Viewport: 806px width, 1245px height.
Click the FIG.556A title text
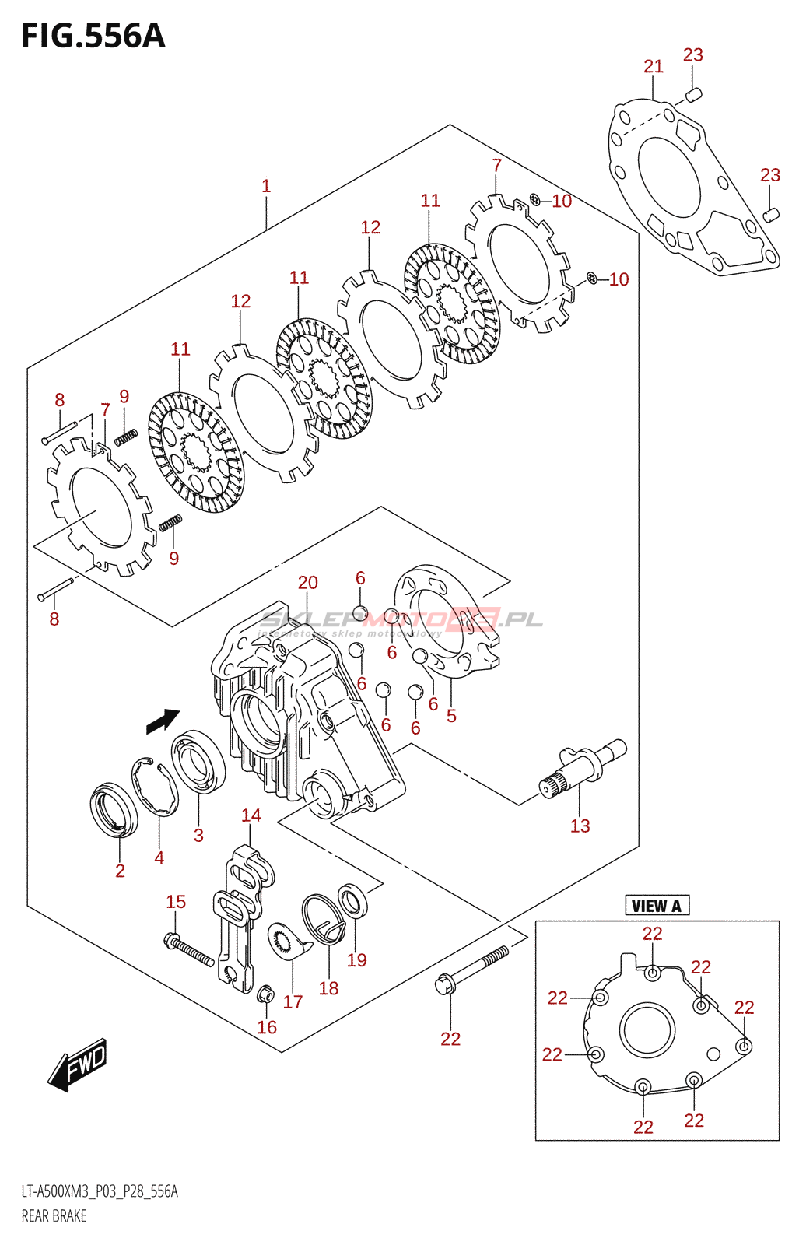pyautogui.click(x=93, y=36)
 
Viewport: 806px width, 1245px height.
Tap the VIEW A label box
pyautogui.click(x=656, y=905)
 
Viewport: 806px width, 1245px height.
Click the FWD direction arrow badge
pyautogui.click(x=79, y=1064)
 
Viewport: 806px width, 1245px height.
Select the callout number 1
pyautogui.click(x=266, y=186)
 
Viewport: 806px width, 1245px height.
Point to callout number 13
pyautogui.click(x=580, y=826)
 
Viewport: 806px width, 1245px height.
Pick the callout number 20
pyautogui.click(x=307, y=582)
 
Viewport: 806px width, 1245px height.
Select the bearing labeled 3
pyautogui.click(x=198, y=763)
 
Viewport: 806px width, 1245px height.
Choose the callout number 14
pyautogui.click(x=251, y=815)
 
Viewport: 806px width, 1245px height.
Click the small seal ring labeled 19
pyautogui.click(x=352, y=901)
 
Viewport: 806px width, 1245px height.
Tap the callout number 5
pyautogui.click(x=451, y=715)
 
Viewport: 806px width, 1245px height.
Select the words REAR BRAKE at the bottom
pyautogui.click(x=54, y=1215)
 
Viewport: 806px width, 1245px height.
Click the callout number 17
pyautogui.click(x=293, y=1001)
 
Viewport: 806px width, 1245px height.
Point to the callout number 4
pyautogui.click(x=159, y=857)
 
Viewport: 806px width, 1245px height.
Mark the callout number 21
pyautogui.click(x=654, y=66)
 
